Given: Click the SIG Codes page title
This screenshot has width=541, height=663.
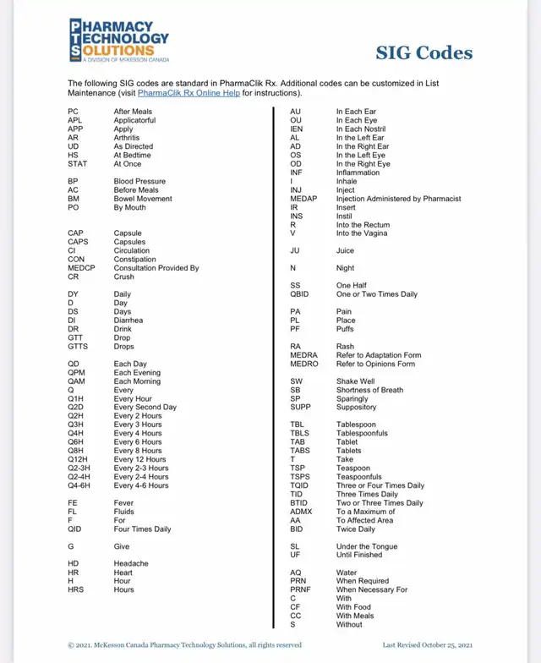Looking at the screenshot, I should point(424,53).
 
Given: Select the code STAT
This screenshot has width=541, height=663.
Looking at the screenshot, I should point(77,164).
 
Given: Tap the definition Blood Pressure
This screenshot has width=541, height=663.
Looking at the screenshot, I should point(139,181).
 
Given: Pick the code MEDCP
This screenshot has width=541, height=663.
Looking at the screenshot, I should point(81,268).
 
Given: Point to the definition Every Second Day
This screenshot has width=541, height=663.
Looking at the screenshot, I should point(145,407).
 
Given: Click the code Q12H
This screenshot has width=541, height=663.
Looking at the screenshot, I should point(78,459).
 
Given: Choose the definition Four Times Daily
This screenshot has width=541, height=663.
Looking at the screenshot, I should point(142,529).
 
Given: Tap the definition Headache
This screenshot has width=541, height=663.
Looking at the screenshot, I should point(131,563).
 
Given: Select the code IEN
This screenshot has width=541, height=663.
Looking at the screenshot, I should point(297,129).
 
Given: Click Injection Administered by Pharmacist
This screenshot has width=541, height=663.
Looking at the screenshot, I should point(398,199).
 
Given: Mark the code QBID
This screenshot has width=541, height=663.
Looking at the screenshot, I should point(299,294).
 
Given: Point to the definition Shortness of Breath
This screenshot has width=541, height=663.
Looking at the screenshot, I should point(369,390).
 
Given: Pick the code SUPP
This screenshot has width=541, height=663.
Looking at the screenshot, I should point(300,407).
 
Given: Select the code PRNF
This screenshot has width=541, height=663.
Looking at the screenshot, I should point(301,589).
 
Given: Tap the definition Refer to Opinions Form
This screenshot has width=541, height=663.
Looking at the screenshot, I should point(375,364).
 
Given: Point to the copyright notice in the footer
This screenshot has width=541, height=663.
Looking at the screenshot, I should point(184,645).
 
